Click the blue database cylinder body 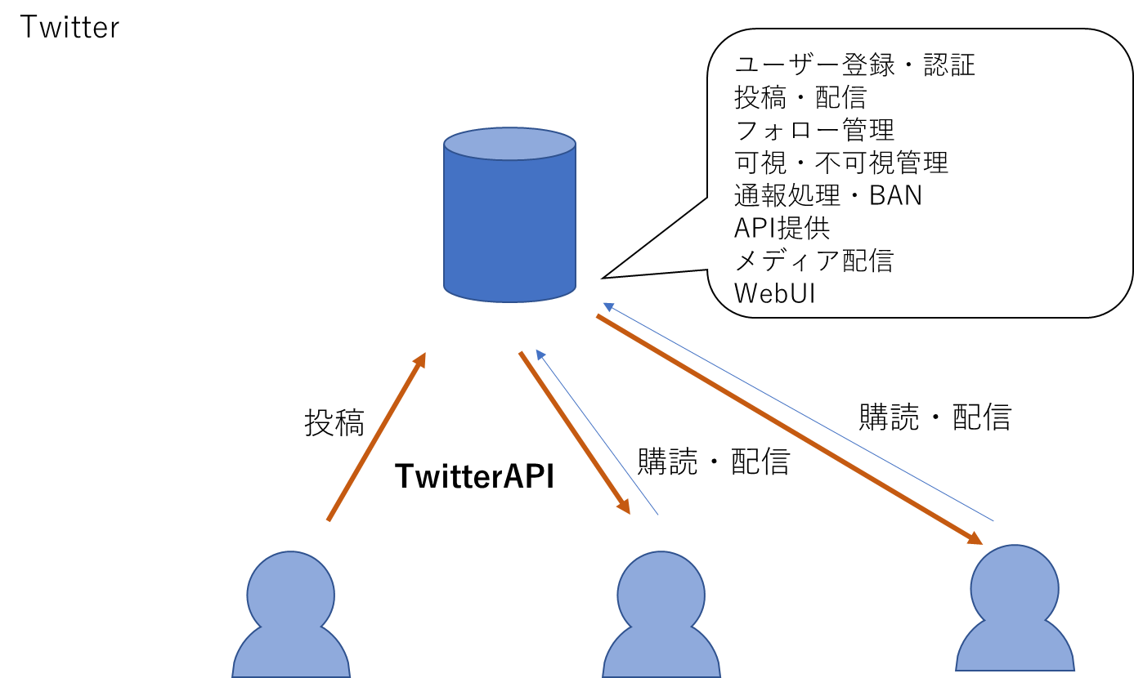pos(509,225)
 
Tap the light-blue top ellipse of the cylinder pos(509,144)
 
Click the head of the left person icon pos(290,594)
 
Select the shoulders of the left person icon pos(291,653)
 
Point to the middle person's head pos(661,594)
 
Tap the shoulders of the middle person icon pos(661,653)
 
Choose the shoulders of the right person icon pos(1015,648)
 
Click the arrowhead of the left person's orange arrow pos(421,360)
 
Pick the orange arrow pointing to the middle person pos(572,430)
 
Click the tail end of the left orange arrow pos(329,520)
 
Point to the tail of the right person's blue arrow pos(992,520)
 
